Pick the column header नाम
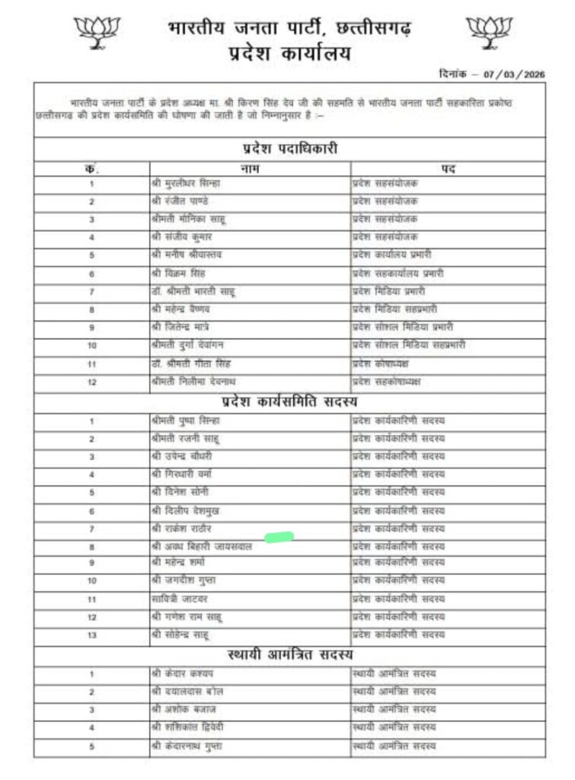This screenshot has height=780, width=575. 250,168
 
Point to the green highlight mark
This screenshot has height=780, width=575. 280,537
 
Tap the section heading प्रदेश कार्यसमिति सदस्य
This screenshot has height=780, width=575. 289,400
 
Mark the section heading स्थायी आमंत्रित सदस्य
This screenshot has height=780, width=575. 289,654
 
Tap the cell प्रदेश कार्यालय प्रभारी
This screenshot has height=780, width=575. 396,254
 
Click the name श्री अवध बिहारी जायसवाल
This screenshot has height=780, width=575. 201,546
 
